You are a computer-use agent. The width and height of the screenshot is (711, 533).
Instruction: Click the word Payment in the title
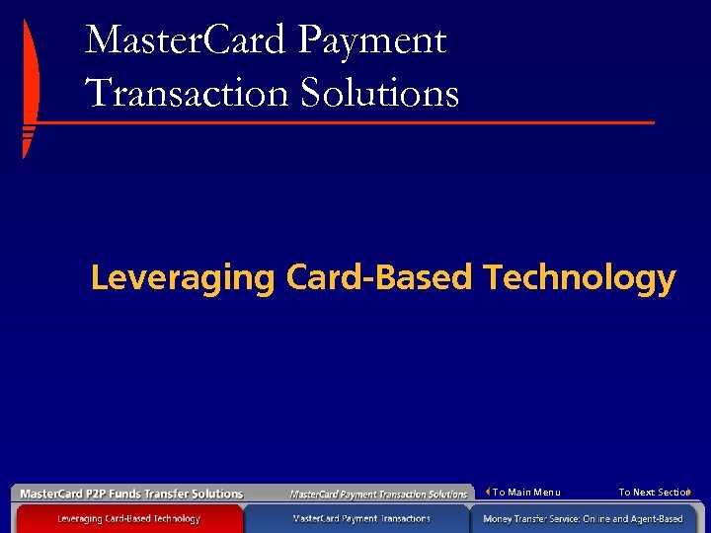coord(372,41)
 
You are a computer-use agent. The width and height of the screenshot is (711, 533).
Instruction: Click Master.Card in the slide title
coord(186,41)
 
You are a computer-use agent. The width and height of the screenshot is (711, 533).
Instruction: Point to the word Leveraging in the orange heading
coord(182,278)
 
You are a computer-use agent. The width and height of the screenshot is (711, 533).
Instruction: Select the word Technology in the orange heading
coord(579,278)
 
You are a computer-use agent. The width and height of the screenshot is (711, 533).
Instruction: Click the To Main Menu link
coord(526,493)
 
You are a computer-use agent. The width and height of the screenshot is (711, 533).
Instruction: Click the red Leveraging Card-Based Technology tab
coord(128,518)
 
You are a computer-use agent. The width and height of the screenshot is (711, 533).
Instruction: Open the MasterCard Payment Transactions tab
coord(361,518)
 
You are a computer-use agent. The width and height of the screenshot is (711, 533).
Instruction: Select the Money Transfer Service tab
coord(583,518)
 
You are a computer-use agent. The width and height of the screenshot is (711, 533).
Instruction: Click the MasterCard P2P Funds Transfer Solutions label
coord(131,494)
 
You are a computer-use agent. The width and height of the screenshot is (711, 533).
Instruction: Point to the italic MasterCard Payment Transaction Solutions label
coord(378,494)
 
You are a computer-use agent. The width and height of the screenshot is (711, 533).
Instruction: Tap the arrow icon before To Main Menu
coord(488,492)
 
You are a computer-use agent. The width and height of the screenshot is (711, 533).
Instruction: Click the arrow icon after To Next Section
coord(688,492)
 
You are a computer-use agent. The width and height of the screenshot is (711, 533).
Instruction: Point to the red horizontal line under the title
coord(346,123)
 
